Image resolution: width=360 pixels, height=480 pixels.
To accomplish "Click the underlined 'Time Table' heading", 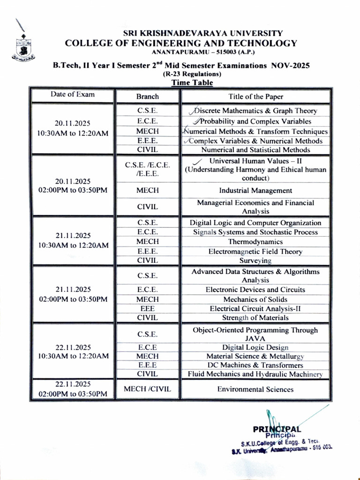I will click(x=192, y=83).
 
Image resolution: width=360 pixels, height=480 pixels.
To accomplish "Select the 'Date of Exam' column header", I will click(x=73, y=94).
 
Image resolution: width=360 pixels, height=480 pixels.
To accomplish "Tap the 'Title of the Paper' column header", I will click(x=255, y=97).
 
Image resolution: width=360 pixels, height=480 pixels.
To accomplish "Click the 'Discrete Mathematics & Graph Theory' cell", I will click(x=255, y=111).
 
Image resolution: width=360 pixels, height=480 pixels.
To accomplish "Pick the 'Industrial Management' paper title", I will click(x=255, y=191).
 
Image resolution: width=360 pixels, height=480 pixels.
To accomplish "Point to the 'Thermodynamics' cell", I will click(x=255, y=242).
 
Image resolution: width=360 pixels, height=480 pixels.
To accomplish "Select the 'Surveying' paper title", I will click(x=255, y=261).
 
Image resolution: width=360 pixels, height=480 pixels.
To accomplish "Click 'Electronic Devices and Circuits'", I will click(x=255, y=290).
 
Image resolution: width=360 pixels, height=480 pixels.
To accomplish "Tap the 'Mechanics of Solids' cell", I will click(x=255, y=300).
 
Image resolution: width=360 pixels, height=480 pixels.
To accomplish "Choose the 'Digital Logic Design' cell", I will click(x=255, y=347).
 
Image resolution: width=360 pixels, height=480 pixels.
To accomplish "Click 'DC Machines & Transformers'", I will click(x=255, y=365).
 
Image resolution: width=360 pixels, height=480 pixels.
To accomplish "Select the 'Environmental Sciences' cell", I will click(x=255, y=390).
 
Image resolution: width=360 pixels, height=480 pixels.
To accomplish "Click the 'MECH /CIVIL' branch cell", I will click(x=148, y=389).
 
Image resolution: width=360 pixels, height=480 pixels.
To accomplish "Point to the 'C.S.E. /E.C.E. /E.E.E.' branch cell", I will click(x=148, y=169).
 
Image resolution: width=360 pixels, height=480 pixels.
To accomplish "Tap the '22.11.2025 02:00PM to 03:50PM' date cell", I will click(x=73, y=389).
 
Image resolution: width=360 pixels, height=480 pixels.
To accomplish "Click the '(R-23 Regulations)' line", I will click(x=192, y=75).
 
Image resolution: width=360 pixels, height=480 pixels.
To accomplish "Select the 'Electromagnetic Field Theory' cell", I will click(x=255, y=252).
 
